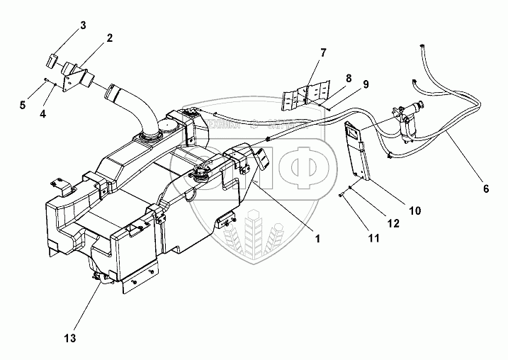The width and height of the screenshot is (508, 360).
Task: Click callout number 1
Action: [319, 239]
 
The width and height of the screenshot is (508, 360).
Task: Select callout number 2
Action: [110, 38]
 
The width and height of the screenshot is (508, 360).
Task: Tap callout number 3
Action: [83, 26]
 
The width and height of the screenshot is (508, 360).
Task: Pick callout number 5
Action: [23, 105]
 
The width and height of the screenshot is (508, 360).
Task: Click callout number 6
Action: [486, 189]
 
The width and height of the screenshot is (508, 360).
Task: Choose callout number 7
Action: [323, 52]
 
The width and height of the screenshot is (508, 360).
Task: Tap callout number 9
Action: [366, 84]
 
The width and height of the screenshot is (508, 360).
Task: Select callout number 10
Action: [415, 210]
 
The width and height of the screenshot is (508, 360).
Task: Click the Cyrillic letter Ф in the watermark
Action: [298, 163]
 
